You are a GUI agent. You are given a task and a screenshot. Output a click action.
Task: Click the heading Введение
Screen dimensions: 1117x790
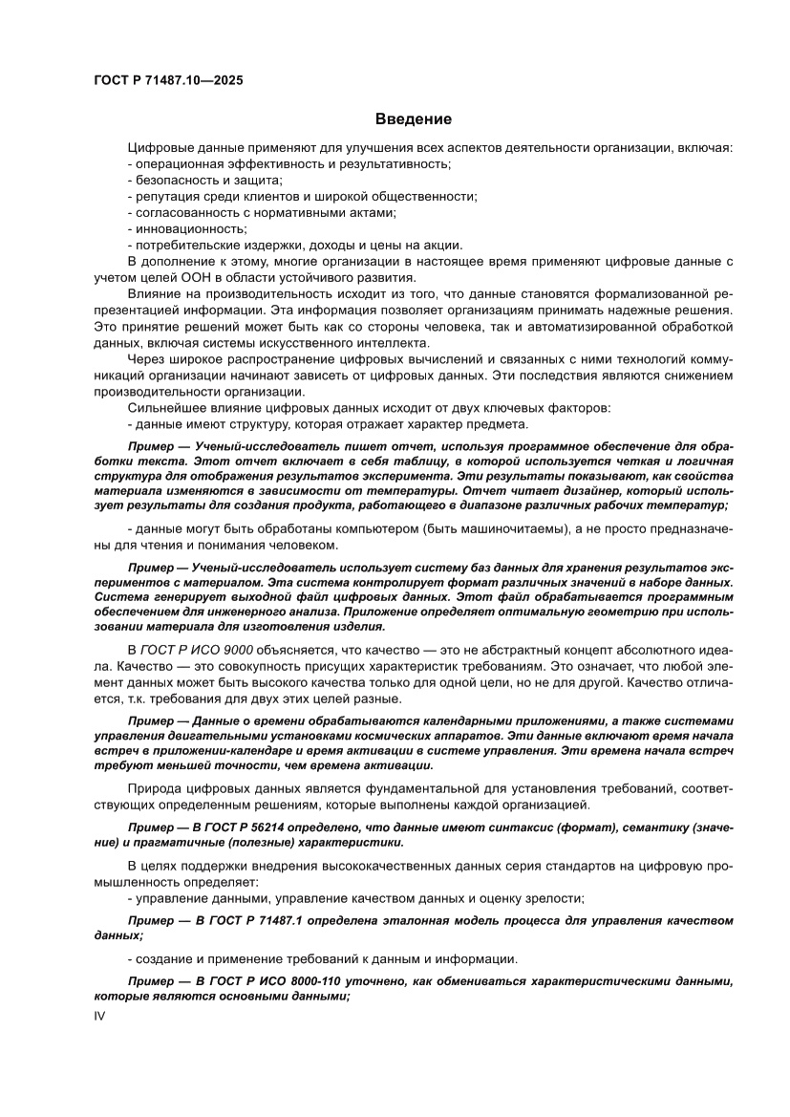click(413, 119)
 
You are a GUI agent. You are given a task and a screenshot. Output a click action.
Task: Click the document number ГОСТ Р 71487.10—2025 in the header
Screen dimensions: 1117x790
click(167, 81)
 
